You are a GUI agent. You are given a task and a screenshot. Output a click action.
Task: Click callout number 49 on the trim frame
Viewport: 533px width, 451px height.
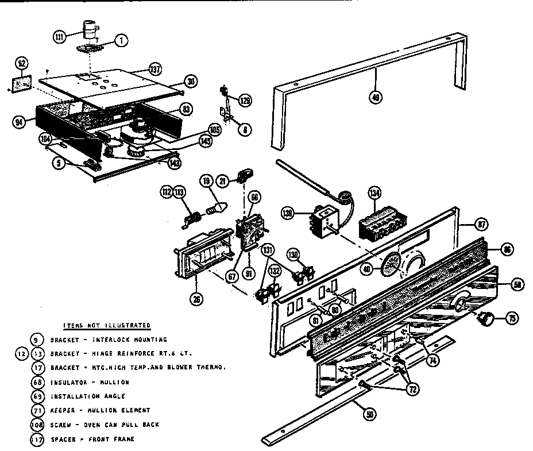pos(376,98)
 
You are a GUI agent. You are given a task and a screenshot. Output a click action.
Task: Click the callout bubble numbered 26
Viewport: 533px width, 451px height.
pos(198,298)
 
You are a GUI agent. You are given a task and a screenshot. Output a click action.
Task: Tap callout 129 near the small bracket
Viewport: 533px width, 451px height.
pos(245,101)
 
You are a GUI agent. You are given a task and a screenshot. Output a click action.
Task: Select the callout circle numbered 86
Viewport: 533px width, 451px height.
pos(506,249)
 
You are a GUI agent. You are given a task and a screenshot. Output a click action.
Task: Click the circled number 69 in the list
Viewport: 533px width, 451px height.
pos(38,396)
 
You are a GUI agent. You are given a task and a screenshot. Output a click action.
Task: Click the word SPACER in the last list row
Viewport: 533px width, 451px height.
pos(62,440)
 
